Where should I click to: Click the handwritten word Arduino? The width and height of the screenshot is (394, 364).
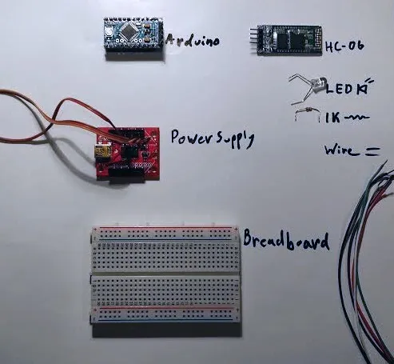click(193, 41)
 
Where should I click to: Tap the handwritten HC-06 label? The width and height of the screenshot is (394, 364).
click(344, 46)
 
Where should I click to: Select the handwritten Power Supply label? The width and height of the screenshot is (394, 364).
click(212, 138)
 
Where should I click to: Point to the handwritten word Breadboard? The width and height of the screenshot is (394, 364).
click(286, 241)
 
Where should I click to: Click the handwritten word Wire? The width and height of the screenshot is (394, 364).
click(340, 150)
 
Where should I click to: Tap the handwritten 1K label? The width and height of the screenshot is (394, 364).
click(332, 118)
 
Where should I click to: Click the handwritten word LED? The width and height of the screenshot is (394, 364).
click(340, 89)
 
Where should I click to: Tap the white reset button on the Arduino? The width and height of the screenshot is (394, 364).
click(109, 32)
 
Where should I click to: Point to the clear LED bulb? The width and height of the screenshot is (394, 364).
click(318, 84)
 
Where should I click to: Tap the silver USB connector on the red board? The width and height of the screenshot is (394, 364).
click(100, 151)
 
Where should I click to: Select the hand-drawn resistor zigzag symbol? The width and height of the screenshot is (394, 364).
click(356, 117)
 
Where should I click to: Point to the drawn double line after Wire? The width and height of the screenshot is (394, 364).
click(371, 152)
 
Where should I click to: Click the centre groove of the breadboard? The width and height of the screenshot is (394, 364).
click(165, 274)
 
